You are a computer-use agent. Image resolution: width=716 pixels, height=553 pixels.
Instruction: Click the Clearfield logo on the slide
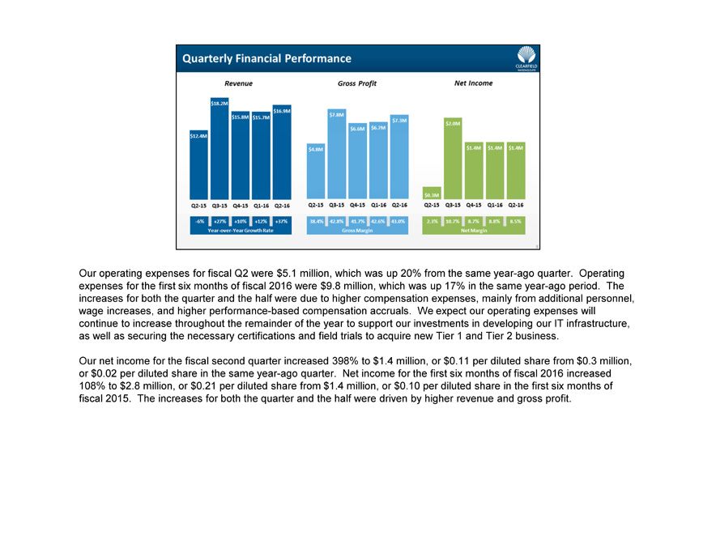click(526, 58)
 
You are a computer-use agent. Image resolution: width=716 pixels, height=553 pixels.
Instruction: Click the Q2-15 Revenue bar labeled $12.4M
click(198, 166)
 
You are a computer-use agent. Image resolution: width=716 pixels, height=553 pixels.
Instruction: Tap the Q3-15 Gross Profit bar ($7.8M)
click(337, 154)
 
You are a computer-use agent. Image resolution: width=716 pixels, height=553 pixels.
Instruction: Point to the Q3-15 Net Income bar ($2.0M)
click(454, 159)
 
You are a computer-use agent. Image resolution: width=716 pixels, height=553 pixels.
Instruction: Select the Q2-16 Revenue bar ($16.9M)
click(282, 153)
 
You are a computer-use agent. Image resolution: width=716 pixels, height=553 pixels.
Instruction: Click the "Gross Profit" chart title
click(357, 83)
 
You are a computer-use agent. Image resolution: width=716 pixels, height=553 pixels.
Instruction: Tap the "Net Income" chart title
click(474, 83)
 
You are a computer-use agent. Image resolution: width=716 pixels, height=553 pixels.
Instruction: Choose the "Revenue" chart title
click(238, 83)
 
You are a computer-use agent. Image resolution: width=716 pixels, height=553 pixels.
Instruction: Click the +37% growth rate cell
click(282, 220)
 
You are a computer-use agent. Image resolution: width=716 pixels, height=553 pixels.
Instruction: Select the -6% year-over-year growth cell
click(198, 220)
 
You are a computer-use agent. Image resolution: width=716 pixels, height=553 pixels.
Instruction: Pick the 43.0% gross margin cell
click(398, 220)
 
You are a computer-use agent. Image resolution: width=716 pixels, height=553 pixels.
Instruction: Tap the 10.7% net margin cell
click(454, 220)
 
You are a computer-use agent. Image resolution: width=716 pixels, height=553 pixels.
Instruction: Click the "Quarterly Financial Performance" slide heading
click(267, 58)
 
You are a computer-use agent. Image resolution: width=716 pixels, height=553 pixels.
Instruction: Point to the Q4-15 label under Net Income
click(474, 206)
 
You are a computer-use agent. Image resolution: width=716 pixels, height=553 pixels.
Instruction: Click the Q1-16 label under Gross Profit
click(378, 206)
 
